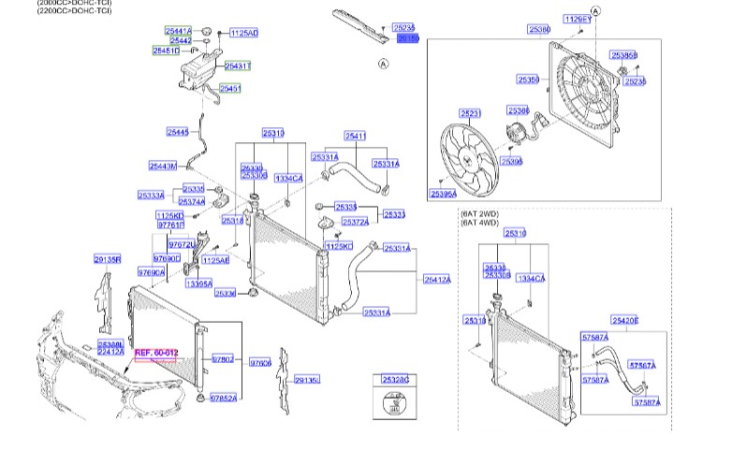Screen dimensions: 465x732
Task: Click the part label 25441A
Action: tap(178, 31)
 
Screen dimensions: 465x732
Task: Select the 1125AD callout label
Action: tap(243, 33)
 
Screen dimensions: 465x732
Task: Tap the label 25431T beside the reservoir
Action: tap(239, 65)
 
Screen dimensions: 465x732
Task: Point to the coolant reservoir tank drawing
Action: tap(198, 69)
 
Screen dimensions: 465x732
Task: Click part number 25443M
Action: tap(163, 167)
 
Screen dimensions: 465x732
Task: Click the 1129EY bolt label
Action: tap(578, 19)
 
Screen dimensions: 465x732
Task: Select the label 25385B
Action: tap(624, 55)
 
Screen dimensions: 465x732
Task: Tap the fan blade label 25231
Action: tap(471, 113)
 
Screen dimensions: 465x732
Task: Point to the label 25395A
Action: tap(444, 194)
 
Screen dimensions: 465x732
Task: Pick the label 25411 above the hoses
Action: tap(355, 137)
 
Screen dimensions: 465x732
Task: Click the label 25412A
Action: tap(437, 279)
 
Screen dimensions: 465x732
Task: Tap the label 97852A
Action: tap(223, 398)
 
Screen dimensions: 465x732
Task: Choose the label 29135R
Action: tap(107, 259)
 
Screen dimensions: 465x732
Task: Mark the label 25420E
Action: tap(625, 320)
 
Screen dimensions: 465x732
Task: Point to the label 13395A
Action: tap(198, 283)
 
